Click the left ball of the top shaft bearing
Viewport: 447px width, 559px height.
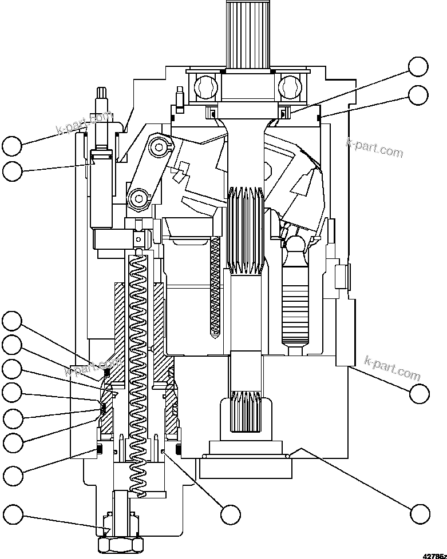coord(205,86)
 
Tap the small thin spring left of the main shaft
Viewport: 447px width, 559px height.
coord(216,286)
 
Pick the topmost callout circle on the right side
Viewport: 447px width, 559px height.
coord(418,67)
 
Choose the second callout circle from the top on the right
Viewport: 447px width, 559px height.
coord(418,94)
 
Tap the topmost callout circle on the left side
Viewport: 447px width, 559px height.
coord(12,146)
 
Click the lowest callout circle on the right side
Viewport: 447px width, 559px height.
coord(420,513)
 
